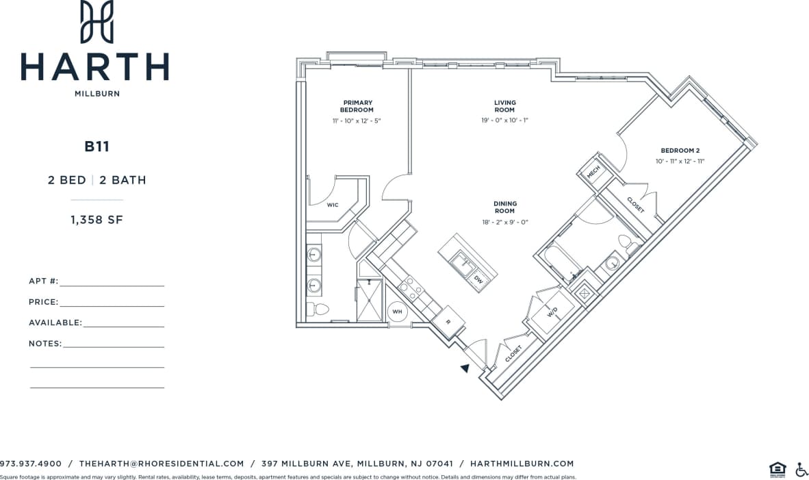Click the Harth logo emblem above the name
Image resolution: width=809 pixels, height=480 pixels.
[x=97, y=22]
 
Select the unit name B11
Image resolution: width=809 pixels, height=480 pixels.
[x=97, y=146]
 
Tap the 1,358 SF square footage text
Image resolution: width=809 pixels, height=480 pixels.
[x=97, y=220]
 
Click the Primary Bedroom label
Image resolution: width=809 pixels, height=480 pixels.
[x=357, y=106]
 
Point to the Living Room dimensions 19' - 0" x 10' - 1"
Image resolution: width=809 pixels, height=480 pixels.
[x=505, y=121]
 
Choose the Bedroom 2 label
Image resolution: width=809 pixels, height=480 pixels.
[x=680, y=151]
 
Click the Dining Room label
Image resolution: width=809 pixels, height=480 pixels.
[x=505, y=207]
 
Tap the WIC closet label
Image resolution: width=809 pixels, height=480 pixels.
[x=333, y=205]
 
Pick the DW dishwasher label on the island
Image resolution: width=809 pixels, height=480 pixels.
[x=478, y=279]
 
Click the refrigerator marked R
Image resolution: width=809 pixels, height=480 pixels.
[x=448, y=321]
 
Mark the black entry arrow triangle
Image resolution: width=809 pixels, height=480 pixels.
[x=465, y=368]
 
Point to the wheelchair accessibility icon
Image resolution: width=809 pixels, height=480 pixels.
[x=801, y=469]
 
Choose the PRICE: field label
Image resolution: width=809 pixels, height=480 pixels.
[x=43, y=302]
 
